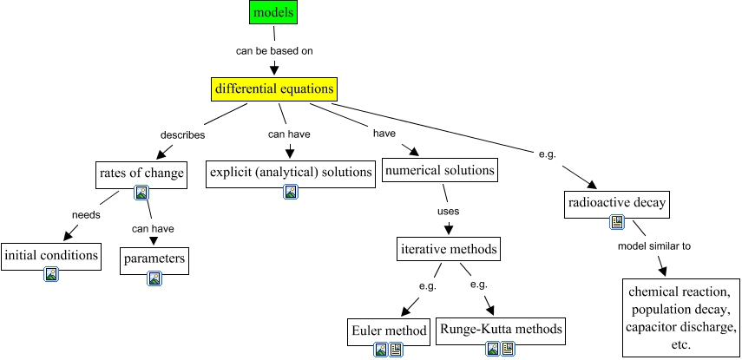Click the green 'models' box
tap(274, 12)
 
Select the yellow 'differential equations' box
tap(273, 88)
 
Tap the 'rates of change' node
tap(141, 173)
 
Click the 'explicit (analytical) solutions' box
tap(291, 172)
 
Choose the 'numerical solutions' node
tap(440, 170)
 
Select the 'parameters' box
tap(154, 259)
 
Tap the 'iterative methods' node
tap(449, 249)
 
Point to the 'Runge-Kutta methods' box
tap(502, 329)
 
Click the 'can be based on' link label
tap(274, 50)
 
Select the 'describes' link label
tap(182, 134)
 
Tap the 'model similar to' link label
tap(653, 246)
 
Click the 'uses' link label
tap(448, 210)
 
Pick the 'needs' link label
tap(86, 214)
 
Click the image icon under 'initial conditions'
tap(51, 275)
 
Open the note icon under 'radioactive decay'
tap(617, 223)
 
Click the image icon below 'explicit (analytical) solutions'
tap(291, 192)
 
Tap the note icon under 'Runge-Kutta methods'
tap(509, 349)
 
